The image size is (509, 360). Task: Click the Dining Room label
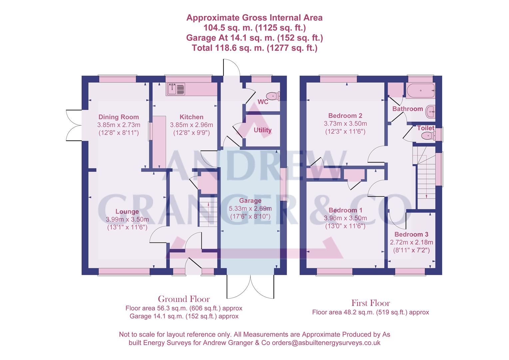[119, 117]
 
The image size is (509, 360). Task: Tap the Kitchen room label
[191, 117]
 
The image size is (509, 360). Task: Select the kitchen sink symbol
[176, 89]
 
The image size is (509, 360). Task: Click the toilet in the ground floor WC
[274, 96]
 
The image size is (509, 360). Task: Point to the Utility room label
[262, 130]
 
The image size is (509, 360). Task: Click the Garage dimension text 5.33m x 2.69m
[250, 209]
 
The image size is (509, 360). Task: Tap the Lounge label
[127, 211]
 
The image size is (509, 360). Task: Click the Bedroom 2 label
[345, 116]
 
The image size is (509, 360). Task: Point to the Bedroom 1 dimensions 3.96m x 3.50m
[345, 218]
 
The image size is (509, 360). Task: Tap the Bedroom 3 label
[411, 235]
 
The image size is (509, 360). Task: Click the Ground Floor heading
[184, 299]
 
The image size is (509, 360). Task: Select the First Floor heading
[370, 303]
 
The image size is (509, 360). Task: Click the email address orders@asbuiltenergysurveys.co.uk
[326, 343]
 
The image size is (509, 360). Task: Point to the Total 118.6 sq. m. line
[254, 48]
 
